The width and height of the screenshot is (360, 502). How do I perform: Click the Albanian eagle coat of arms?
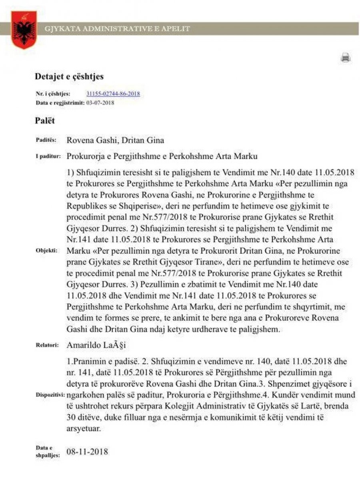click(24, 30)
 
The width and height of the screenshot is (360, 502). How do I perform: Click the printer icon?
click(346, 58)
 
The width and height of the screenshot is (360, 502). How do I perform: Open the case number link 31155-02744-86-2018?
click(113, 94)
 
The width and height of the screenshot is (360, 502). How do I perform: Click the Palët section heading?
click(45, 121)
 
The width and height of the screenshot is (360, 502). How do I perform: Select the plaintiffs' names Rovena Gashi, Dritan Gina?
click(115, 140)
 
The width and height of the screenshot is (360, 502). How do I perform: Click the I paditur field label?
click(48, 156)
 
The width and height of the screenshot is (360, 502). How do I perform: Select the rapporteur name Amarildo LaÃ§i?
click(98, 345)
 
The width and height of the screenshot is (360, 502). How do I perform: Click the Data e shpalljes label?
click(48, 452)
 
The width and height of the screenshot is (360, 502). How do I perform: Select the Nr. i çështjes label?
click(53, 94)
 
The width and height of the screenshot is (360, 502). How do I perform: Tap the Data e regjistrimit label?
click(60, 103)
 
